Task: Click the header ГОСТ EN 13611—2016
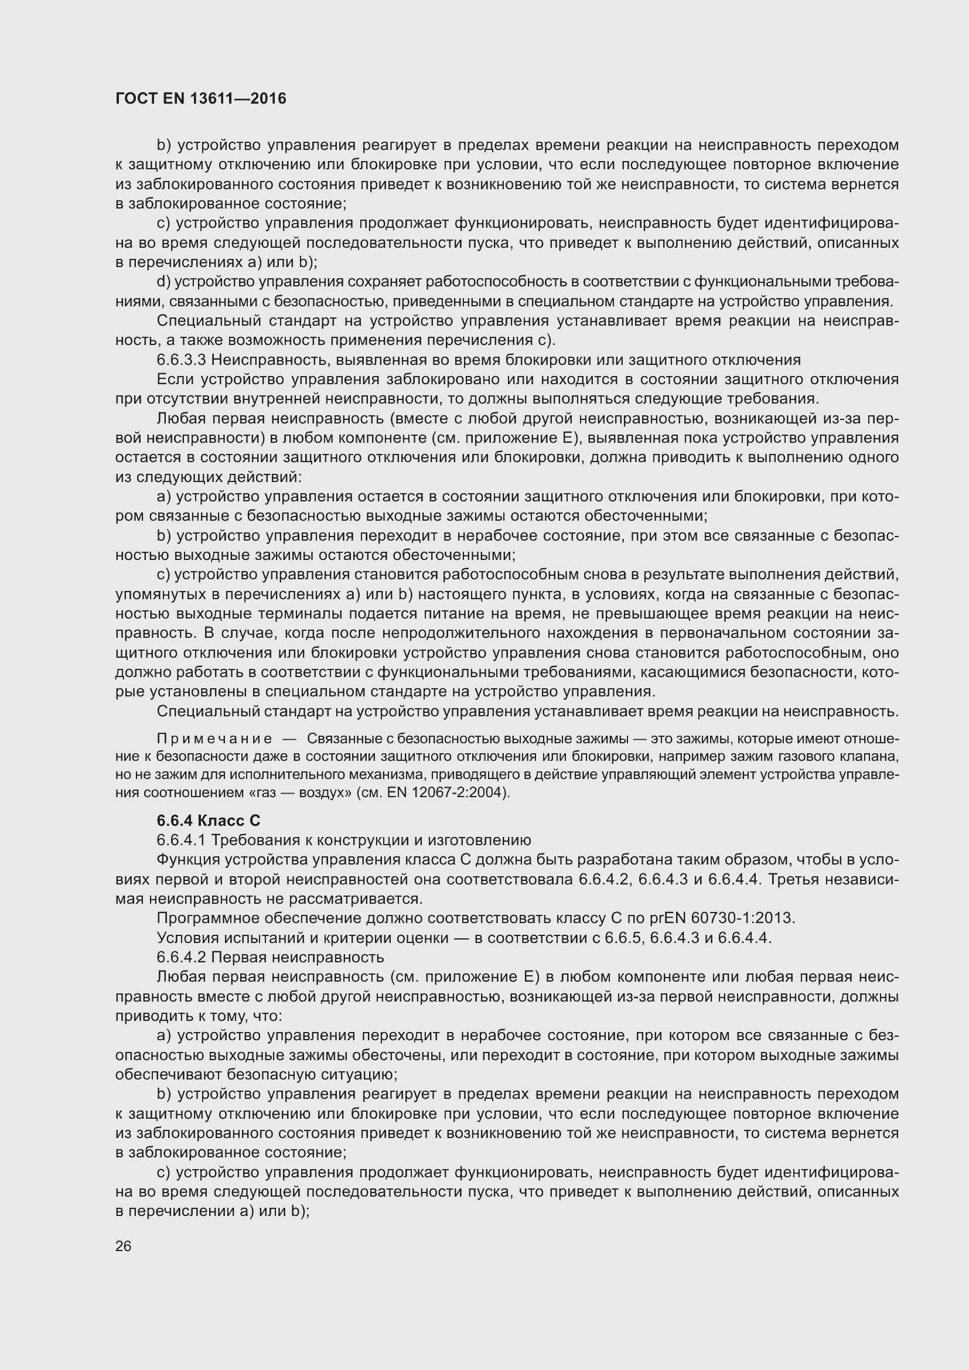point(200,98)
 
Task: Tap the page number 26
point(124,1246)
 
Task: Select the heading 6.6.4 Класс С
point(208,821)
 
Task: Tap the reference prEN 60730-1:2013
point(722,918)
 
